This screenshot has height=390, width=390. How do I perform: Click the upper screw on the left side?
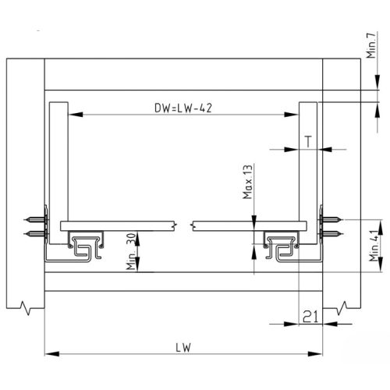(x=36, y=219)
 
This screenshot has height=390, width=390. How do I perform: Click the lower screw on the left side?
(x=36, y=233)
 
